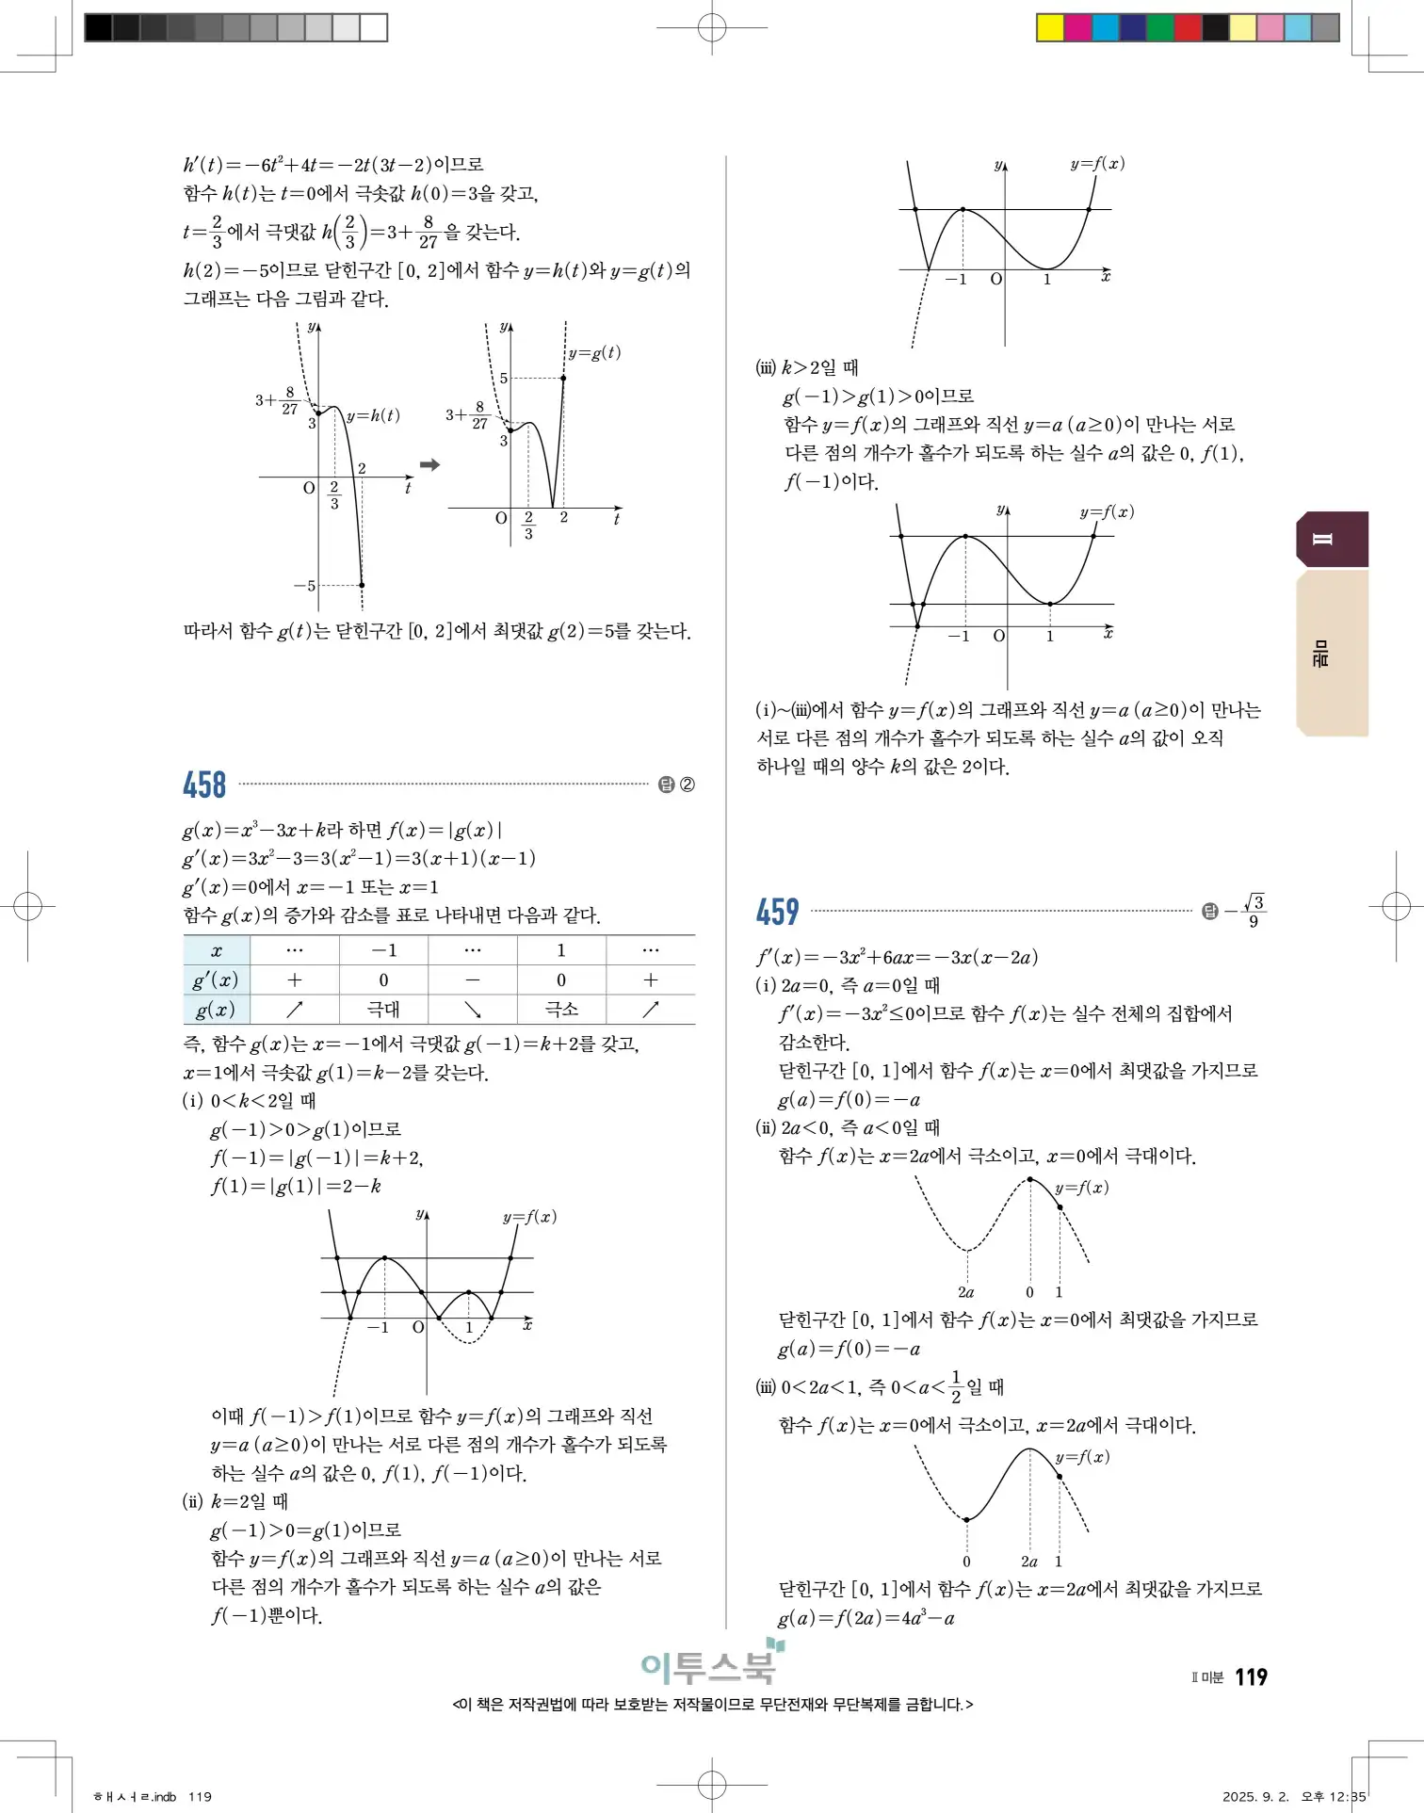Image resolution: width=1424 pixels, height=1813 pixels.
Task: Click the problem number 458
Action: pyautogui.click(x=204, y=785)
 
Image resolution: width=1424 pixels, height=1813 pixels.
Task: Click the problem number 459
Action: pyautogui.click(x=777, y=912)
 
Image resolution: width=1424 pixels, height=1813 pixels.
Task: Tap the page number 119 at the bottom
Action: pyautogui.click(x=1251, y=1676)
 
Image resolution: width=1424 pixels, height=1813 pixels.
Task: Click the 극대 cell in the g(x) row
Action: pyautogui.click(x=383, y=1010)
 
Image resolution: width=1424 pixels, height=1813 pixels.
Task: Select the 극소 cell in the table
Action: pyautogui.click(x=561, y=1010)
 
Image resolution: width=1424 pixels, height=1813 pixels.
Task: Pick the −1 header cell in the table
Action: pyautogui.click(x=383, y=950)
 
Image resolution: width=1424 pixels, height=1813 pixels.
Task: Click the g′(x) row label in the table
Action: pyautogui.click(x=216, y=980)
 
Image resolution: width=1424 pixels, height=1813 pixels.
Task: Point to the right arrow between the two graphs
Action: pyautogui.click(x=429, y=464)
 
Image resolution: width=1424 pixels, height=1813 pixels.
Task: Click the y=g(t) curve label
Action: pyautogui.click(x=594, y=353)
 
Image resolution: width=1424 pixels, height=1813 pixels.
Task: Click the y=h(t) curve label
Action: pyautogui.click(x=373, y=415)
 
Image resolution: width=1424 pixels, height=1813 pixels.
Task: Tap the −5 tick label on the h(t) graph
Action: pyautogui.click(x=304, y=586)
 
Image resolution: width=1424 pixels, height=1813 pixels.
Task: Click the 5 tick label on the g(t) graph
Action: pyautogui.click(x=504, y=379)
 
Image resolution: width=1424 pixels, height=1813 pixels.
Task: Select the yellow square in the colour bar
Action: pyautogui.click(x=1049, y=27)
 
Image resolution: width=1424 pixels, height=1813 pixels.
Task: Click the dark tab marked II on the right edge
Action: pyautogui.click(x=1332, y=539)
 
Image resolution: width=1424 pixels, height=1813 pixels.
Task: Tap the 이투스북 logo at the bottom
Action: pyautogui.click(x=711, y=1665)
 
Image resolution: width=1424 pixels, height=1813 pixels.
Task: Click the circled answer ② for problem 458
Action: pyautogui.click(x=688, y=785)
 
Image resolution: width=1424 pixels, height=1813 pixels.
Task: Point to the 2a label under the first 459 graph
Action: pyautogui.click(x=966, y=1292)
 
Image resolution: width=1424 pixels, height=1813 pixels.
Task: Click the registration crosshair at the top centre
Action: pyautogui.click(x=712, y=27)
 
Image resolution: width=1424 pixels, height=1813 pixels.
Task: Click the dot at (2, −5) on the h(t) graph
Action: pyautogui.click(x=362, y=585)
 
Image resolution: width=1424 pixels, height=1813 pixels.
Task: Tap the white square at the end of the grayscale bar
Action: pyautogui.click(x=374, y=27)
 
